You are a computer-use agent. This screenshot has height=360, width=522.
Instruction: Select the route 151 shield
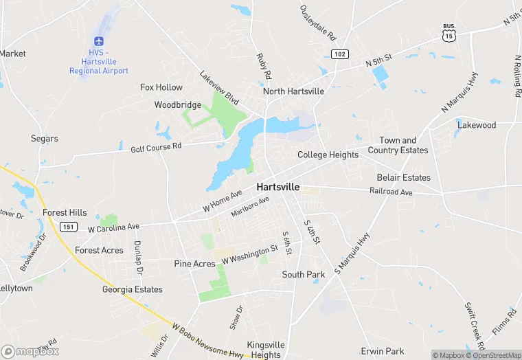click(x=67, y=227)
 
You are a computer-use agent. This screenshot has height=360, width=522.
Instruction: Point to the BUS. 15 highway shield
click(x=449, y=32)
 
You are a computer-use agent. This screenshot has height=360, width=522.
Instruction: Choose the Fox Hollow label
click(x=161, y=87)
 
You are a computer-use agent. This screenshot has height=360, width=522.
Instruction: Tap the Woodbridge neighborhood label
click(x=177, y=105)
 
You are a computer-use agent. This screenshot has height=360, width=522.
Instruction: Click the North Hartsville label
click(x=293, y=91)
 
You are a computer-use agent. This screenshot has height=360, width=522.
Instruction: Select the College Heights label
click(x=328, y=155)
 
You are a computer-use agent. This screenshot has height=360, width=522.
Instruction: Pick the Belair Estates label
click(x=403, y=177)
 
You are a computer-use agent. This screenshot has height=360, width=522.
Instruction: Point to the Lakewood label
click(x=477, y=125)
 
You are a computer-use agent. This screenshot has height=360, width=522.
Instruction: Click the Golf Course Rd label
click(x=156, y=146)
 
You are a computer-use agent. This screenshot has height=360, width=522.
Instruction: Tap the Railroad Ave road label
click(x=391, y=192)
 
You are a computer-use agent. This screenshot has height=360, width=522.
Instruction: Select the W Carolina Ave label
click(x=114, y=227)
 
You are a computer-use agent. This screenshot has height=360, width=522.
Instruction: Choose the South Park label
click(x=303, y=274)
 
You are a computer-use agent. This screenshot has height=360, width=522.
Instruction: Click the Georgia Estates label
click(x=133, y=289)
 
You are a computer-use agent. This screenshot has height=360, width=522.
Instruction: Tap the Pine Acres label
click(x=194, y=264)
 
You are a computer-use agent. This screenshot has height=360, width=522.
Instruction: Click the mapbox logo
click(x=30, y=351)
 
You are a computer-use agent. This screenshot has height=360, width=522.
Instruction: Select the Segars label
click(x=45, y=138)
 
